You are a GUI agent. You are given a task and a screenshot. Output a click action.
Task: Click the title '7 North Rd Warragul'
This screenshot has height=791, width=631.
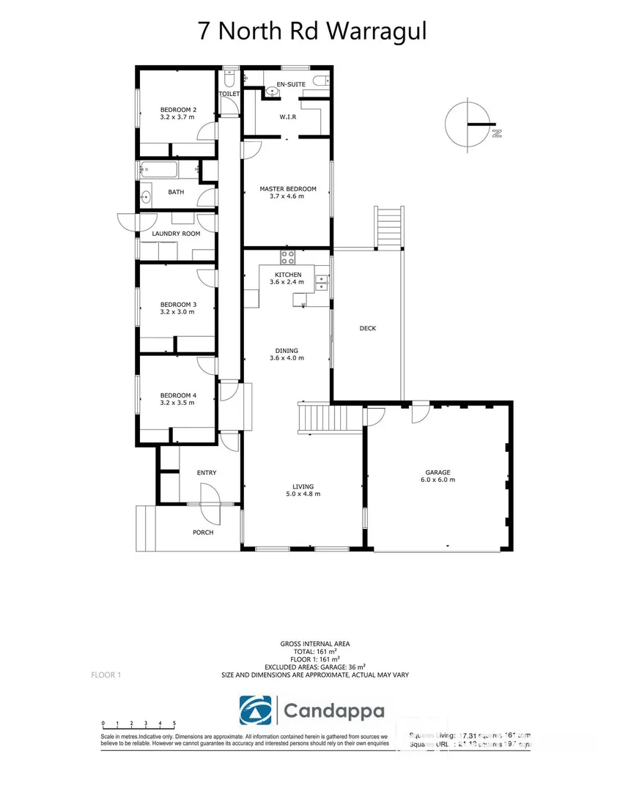coord(312,32)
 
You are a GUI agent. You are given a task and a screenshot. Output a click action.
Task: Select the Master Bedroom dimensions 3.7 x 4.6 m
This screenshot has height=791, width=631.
coord(287,196)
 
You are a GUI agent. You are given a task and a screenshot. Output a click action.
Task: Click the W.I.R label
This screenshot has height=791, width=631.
coord(287,116)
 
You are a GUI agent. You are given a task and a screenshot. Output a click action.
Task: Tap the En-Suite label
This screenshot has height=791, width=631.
coord(291,84)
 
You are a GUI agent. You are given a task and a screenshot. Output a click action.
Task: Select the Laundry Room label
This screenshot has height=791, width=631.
coord(176,234)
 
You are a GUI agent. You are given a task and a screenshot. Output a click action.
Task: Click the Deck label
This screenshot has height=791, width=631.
coord(368,328)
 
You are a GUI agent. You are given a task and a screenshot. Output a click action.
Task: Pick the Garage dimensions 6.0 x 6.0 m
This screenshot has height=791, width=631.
coord(438,480)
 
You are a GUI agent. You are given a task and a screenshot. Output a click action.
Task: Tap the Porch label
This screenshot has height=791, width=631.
coord(203,532)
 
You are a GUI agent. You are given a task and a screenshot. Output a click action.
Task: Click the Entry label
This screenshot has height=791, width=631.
coord(207,472)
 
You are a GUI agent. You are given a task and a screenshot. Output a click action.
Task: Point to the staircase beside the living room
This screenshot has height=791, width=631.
coord(331,418)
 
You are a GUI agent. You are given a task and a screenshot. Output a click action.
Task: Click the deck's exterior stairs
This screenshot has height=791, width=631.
coord(389,228)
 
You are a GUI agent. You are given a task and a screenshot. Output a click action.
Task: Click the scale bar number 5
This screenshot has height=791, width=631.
coord(174,723)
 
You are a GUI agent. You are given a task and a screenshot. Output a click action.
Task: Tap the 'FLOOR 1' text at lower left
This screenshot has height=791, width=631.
coord(106,675)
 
